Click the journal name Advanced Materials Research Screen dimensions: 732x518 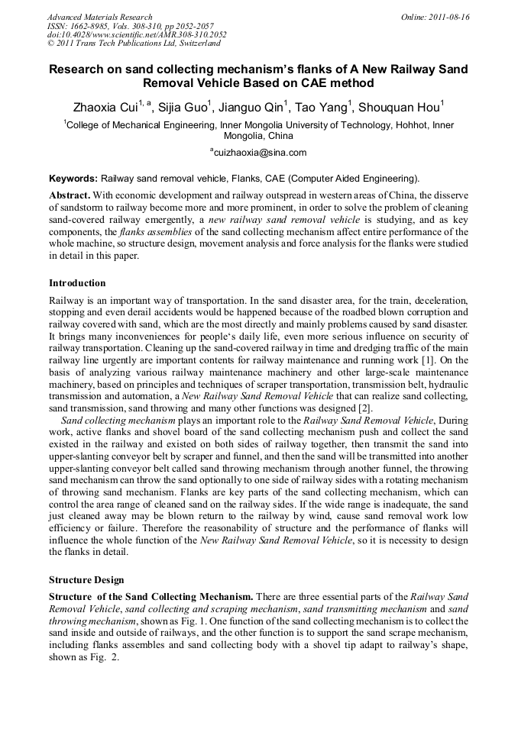(99, 17)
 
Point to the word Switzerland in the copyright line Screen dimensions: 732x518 (193, 44)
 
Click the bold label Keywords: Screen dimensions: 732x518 (73, 178)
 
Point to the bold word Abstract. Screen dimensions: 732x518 (70, 195)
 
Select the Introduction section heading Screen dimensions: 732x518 (77, 283)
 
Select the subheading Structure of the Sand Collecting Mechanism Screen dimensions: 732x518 (151, 596)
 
